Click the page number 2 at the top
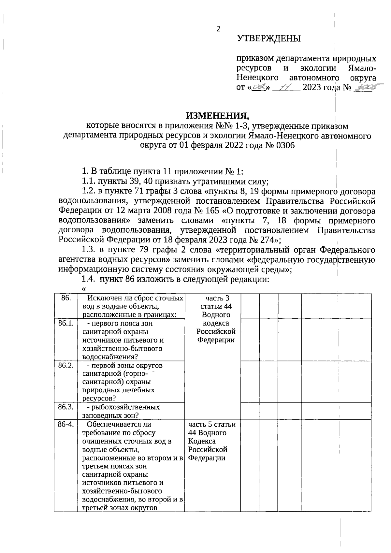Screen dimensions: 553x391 [x=218, y=29]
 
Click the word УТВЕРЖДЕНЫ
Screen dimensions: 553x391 [x=269, y=39]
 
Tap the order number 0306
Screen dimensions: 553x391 [x=285, y=145]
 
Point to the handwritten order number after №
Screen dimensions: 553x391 [x=364, y=87]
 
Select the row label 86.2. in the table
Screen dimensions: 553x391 [x=66, y=365]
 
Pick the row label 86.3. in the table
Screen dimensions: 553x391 [x=66, y=407]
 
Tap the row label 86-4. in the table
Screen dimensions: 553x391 [x=66, y=424]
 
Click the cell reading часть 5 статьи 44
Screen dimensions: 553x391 [x=212, y=429]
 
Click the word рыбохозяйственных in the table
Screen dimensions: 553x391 [x=125, y=407]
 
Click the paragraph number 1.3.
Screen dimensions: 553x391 [x=88, y=250]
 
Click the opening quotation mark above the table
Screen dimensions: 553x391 [x=84, y=288]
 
